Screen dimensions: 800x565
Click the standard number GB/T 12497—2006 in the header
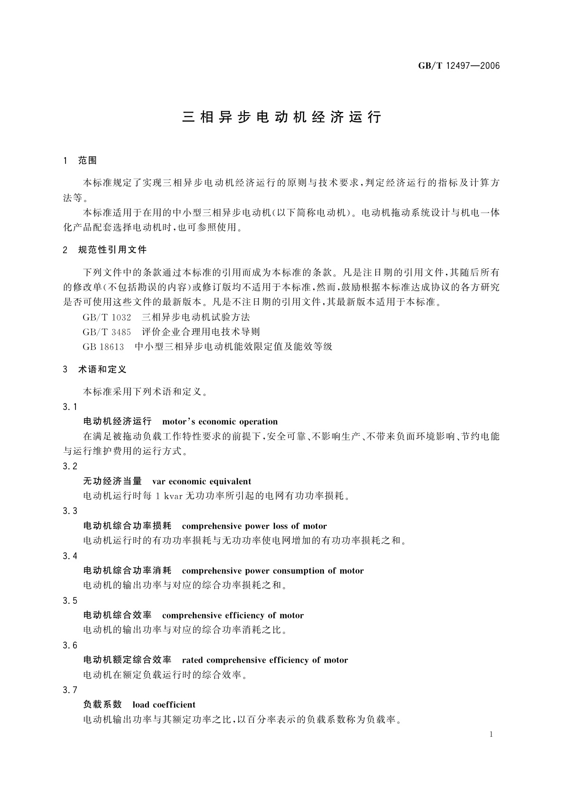[459, 66]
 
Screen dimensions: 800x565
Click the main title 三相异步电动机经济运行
[282, 117]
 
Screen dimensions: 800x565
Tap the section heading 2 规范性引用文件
[105, 250]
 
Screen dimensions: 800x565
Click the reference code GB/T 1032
[107, 317]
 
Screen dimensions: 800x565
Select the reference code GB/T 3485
[107, 332]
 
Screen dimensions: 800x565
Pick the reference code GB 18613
[103, 346]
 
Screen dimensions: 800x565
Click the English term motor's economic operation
[220, 421]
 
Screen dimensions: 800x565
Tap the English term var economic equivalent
[202, 481]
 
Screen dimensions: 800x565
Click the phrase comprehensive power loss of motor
[254, 526]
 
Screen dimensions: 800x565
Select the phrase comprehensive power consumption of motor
[273, 571]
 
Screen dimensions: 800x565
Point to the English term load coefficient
[164, 705]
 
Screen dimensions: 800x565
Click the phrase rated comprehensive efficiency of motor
[265, 660]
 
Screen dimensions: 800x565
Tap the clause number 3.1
[70, 407]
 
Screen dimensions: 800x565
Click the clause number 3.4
[70, 556]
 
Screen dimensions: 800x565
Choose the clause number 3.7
[70, 690]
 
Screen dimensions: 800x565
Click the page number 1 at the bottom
[491, 734]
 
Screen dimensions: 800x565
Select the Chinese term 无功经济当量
[112, 481]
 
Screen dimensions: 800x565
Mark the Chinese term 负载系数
[102, 705]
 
